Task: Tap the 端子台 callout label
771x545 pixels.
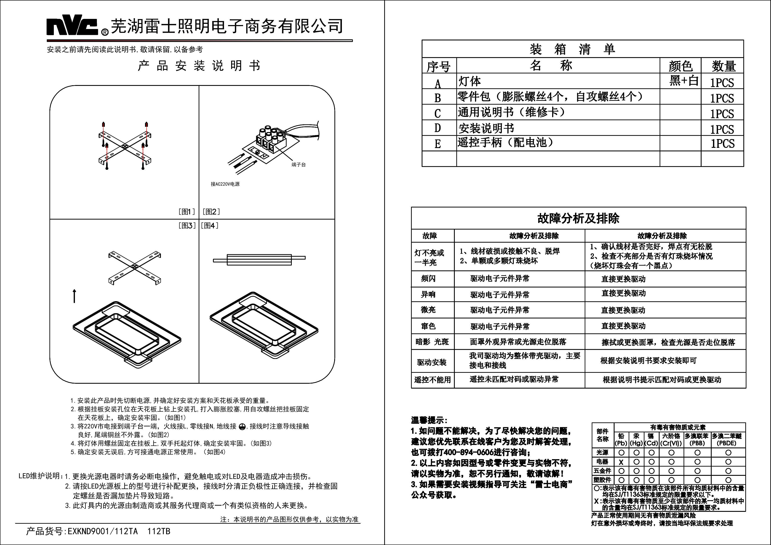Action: [299, 165]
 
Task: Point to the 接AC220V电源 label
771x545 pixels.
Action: [225, 184]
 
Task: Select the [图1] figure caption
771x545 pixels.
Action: [186, 212]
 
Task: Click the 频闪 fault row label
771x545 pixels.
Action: [428, 278]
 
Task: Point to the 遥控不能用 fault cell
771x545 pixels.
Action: [432, 380]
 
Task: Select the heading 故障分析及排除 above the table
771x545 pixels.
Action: [578, 218]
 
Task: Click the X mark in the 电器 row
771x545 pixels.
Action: [621, 462]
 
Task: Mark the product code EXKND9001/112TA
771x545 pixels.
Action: [102, 531]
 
